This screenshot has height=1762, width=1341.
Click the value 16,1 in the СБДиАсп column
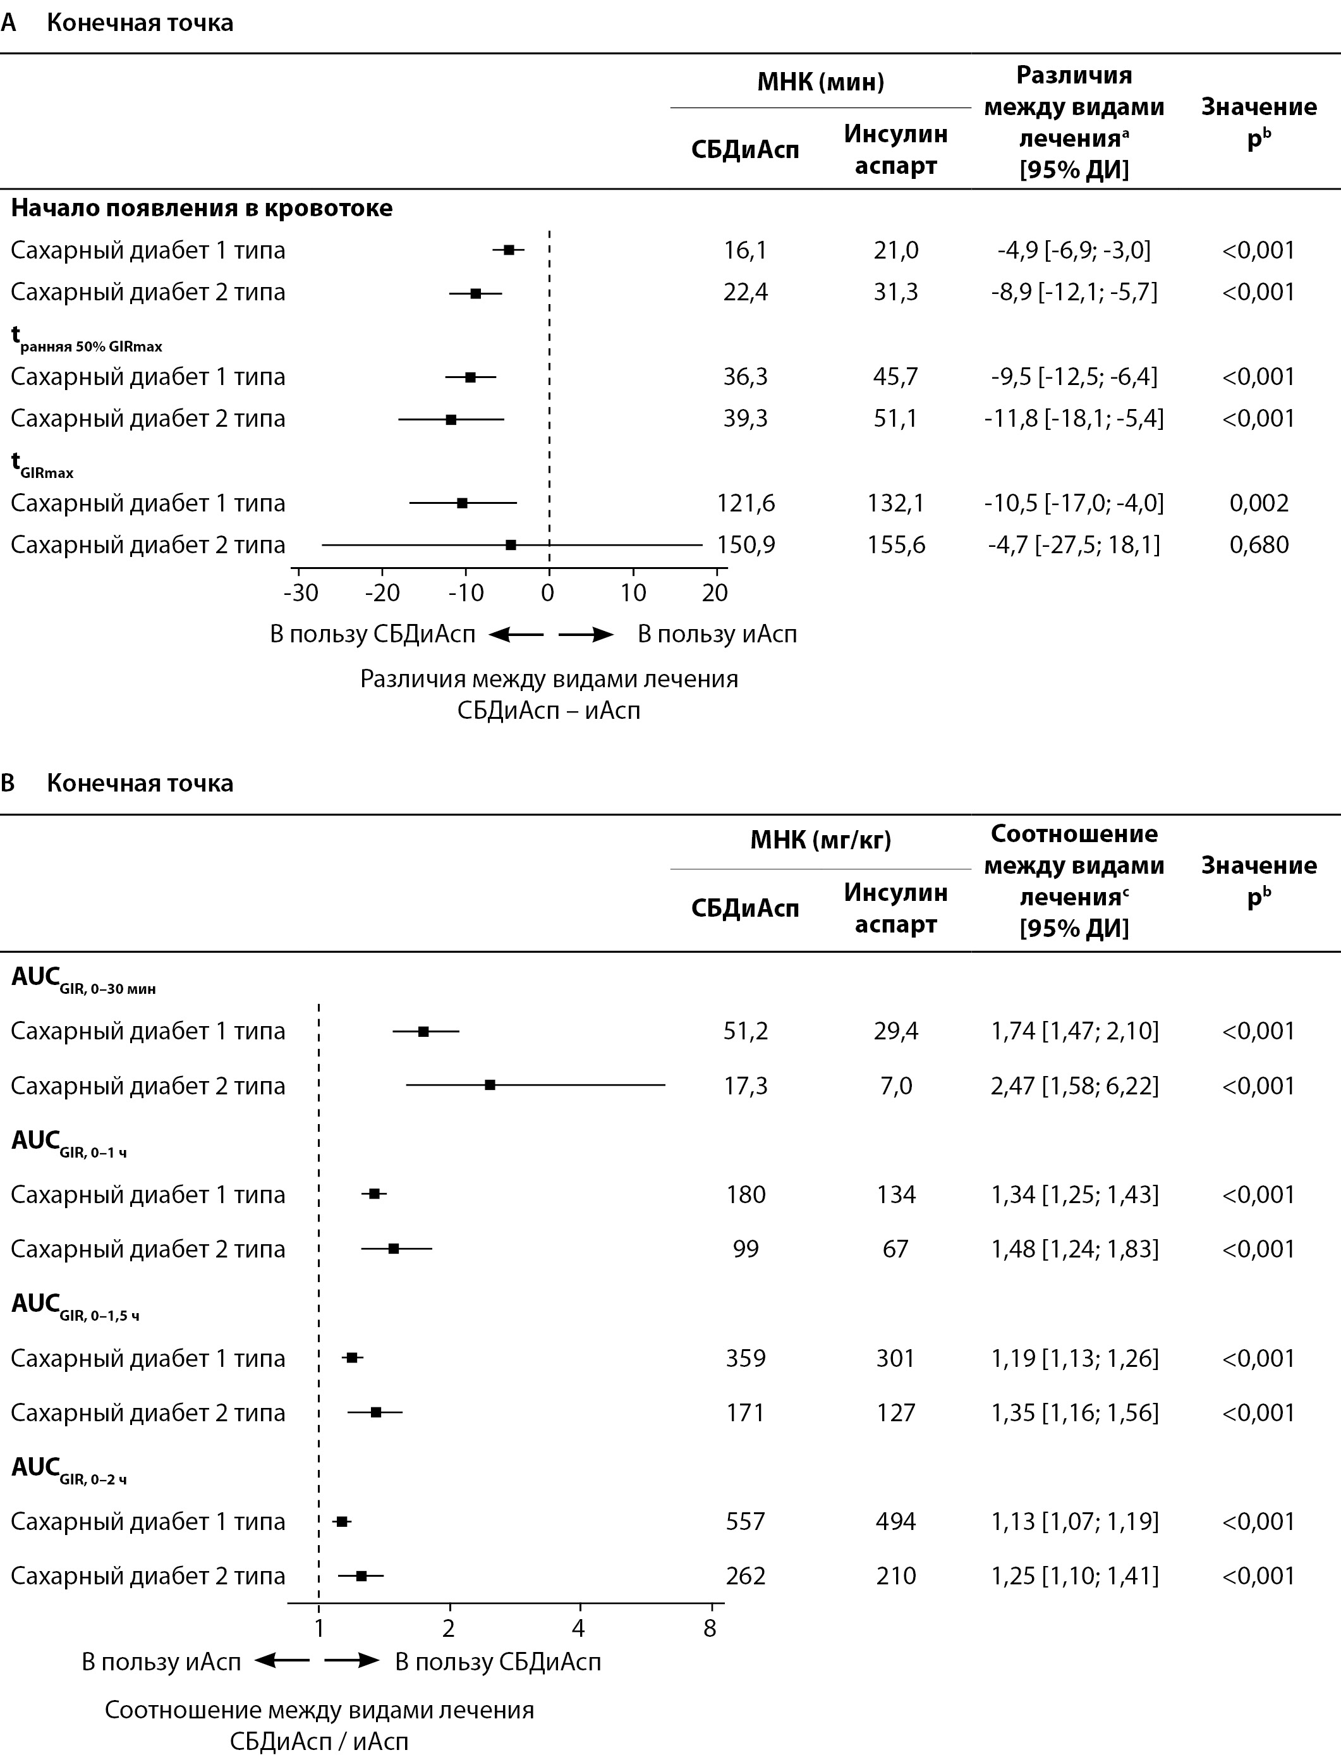coord(744,251)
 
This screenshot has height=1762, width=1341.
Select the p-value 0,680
coord(1259,545)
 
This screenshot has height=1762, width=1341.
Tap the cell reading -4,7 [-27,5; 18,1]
coord(1074,545)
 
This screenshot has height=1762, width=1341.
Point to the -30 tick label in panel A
coord(300,592)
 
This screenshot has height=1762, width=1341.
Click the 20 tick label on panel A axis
coord(715,592)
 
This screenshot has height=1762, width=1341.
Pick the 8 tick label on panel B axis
coord(710,1629)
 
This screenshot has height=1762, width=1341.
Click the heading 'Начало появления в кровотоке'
coord(202,209)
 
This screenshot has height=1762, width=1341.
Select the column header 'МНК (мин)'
coord(820,82)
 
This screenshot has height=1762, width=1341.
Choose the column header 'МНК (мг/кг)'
coord(820,840)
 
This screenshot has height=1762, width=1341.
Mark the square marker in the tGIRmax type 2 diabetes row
coord(511,545)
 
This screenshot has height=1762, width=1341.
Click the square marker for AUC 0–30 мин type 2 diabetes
coord(490,1085)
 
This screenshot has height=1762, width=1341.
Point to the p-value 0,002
coord(1259,503)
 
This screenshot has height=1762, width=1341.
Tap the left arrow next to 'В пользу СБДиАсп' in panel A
coord(516,635)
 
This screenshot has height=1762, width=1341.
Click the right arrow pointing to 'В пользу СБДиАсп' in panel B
coord(352,1661)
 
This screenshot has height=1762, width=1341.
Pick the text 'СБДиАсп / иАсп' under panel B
coord(319,1741)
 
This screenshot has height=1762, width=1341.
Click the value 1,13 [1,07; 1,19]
coord(1074,1522)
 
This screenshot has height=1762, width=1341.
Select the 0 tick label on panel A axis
coord(547,592)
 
